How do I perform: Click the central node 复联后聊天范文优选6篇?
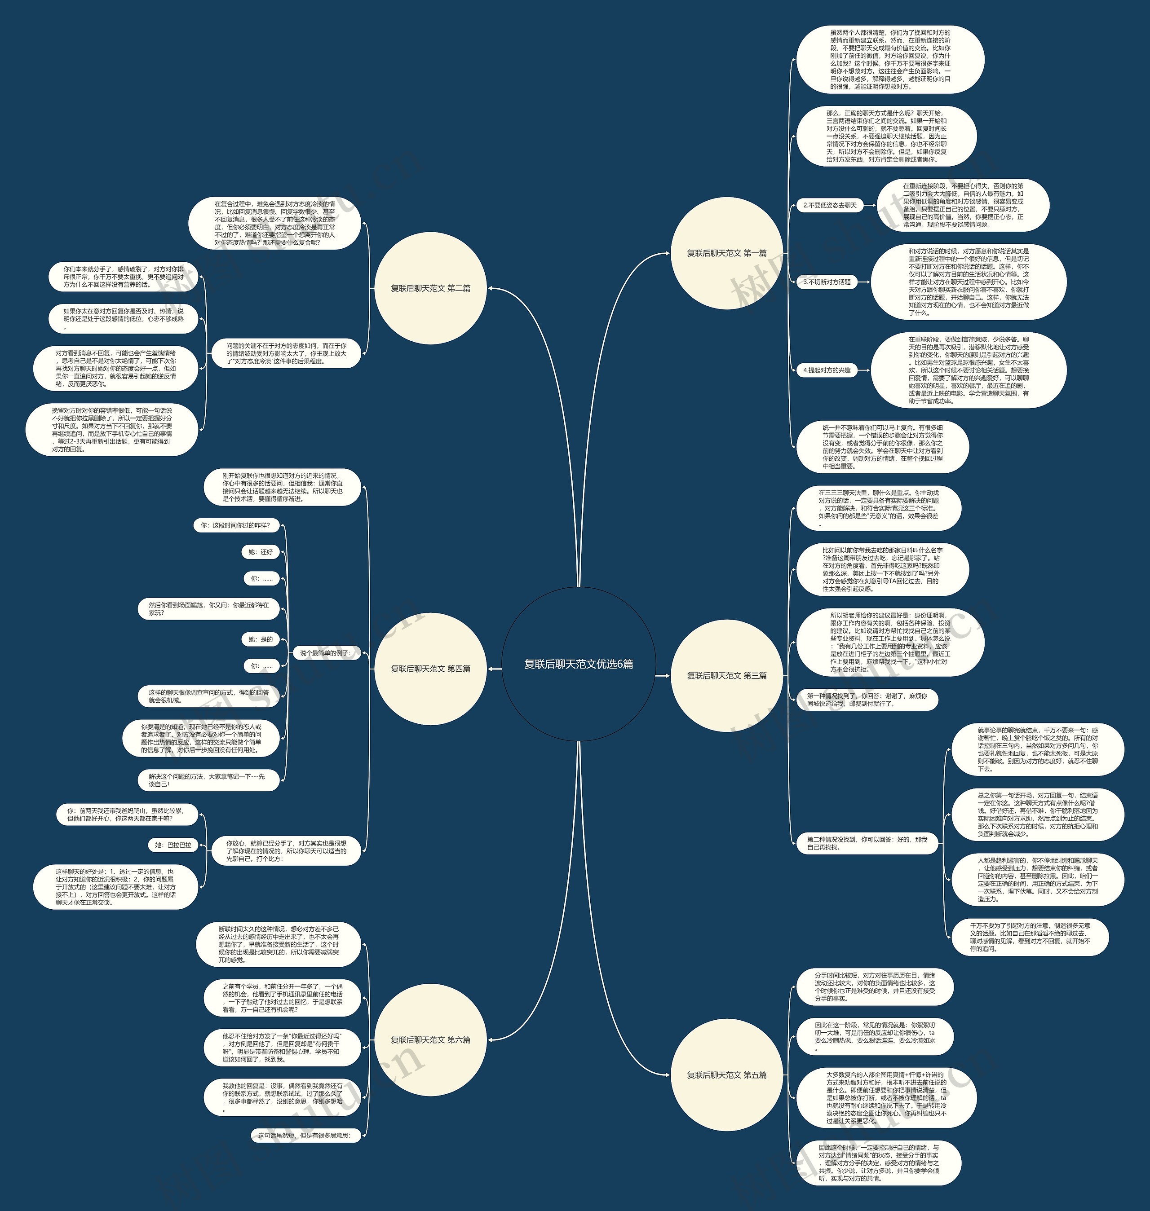pos(578,664)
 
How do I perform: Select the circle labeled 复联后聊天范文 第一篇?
pos(727,253)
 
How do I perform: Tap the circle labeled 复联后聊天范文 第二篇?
pos(430,288)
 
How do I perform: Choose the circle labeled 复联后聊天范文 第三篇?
pos(727,675)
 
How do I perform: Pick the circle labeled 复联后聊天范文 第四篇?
pos(430,669)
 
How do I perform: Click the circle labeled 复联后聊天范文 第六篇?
pos(430,1039)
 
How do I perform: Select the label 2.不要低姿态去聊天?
pos(830,205)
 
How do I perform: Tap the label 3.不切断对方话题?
pos(827,282)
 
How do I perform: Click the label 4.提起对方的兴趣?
pos(827,370)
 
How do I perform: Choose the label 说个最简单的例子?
pos(325,653)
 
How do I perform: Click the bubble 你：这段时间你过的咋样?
pos(235,525)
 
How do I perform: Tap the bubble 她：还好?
pos(261,551)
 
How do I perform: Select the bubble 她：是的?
pos(261,639)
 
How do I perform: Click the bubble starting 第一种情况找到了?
pos(867,700)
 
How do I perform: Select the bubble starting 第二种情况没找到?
pos(867,843)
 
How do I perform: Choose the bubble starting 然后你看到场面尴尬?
pos(208,608)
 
